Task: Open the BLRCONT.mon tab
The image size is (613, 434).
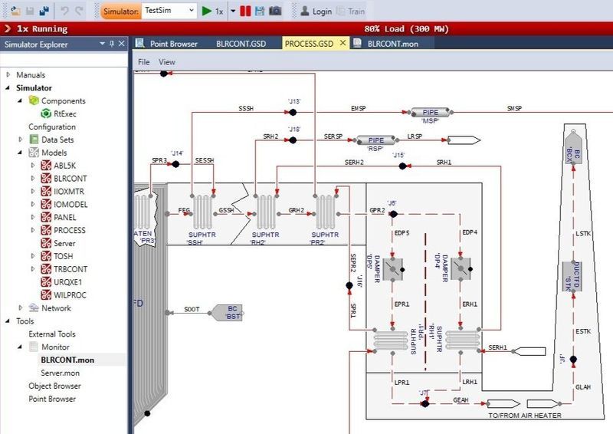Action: coord(392,44)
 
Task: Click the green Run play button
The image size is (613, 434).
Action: coord(205,12)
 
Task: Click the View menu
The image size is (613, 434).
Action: coord(166,61)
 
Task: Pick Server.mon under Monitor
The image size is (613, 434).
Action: coord(61,373)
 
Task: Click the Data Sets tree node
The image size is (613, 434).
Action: coord(57,140)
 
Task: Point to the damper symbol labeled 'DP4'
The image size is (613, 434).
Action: coord(461,268)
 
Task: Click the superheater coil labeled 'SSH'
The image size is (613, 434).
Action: coord(204,209)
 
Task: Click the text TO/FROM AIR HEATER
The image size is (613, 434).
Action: coord(525,416)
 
